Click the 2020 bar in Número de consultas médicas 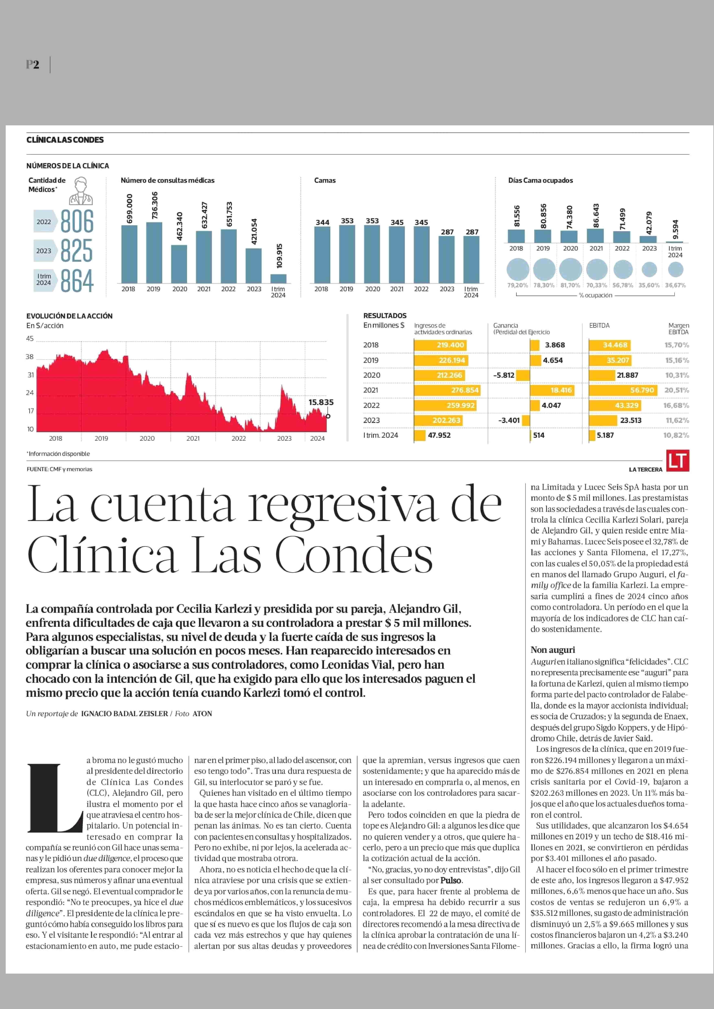[x=179, y=264]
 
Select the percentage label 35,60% [x=649, y=285]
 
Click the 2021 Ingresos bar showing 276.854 [x=447, y=390]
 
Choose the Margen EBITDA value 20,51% [x=676, y=390]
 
